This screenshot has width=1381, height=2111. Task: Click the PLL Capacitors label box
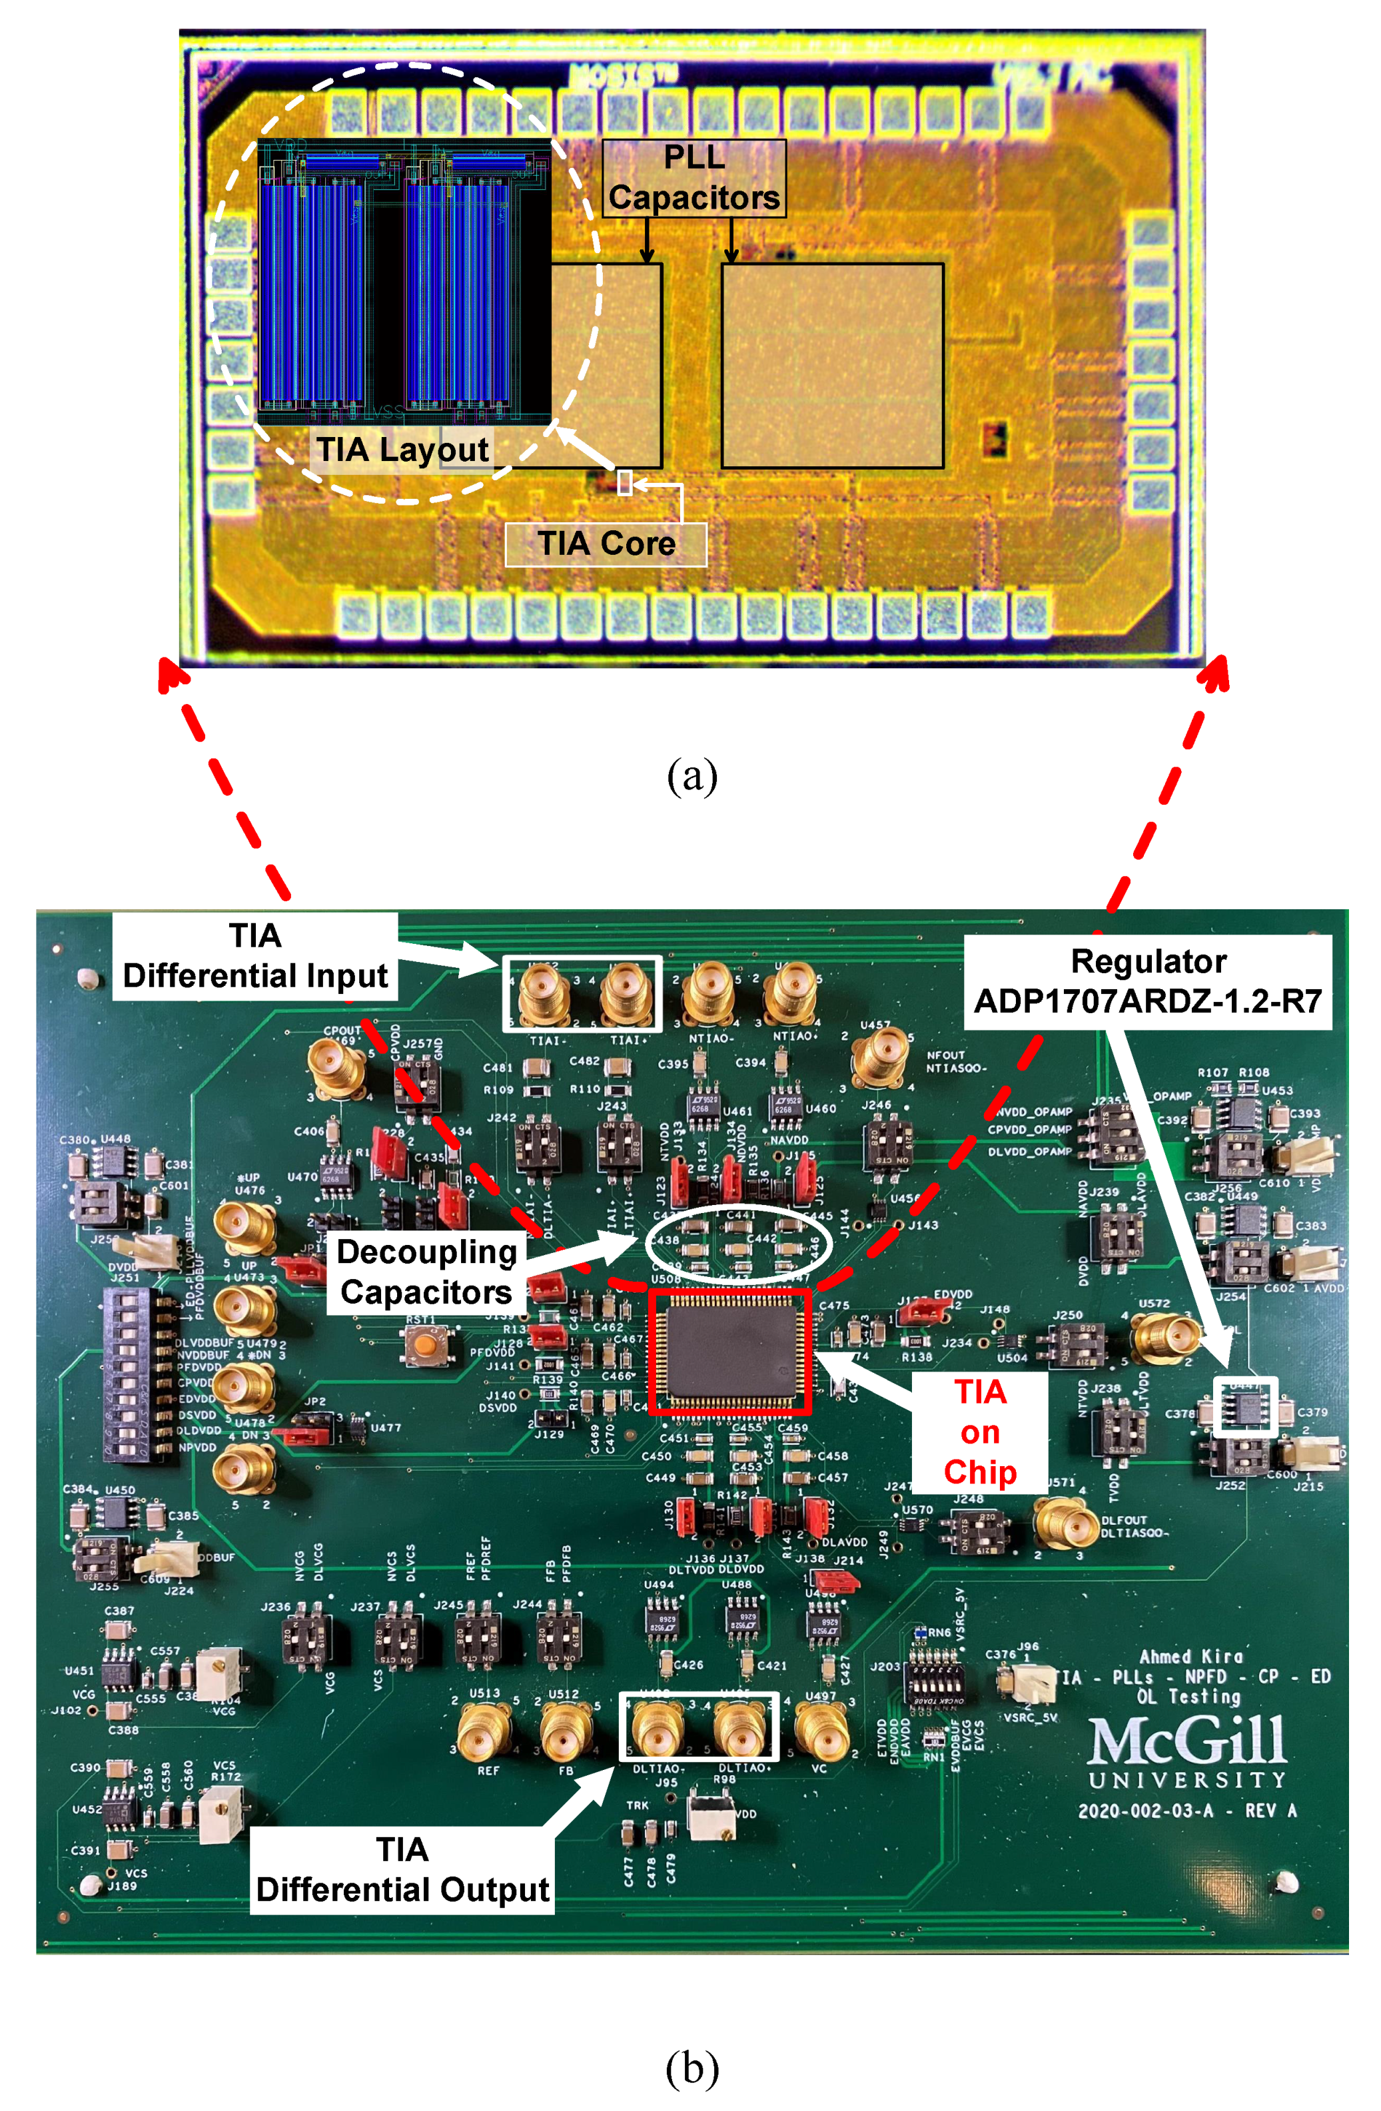(x=693, y=177)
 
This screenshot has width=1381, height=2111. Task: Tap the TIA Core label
(x=606, y=543)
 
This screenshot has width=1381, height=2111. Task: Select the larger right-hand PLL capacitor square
(x=832, y=366)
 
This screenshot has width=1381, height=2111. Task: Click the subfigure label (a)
(x=691, y=776)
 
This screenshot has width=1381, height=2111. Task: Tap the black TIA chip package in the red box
(x=729, y=1351)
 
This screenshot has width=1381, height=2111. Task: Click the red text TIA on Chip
(x=979, y=1432)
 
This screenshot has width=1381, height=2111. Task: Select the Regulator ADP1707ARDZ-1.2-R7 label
(x=1148, y=981)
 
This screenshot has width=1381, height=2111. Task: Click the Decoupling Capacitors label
(x=426, y=1271)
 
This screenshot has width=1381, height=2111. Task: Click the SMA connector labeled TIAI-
(x=543, y=995)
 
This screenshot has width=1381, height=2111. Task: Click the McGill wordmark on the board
(x=1186, y=1740)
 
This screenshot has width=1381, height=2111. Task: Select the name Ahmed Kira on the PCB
(x=1190, y=1656)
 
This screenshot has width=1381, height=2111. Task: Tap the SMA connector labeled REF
(x=484, y=1732)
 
